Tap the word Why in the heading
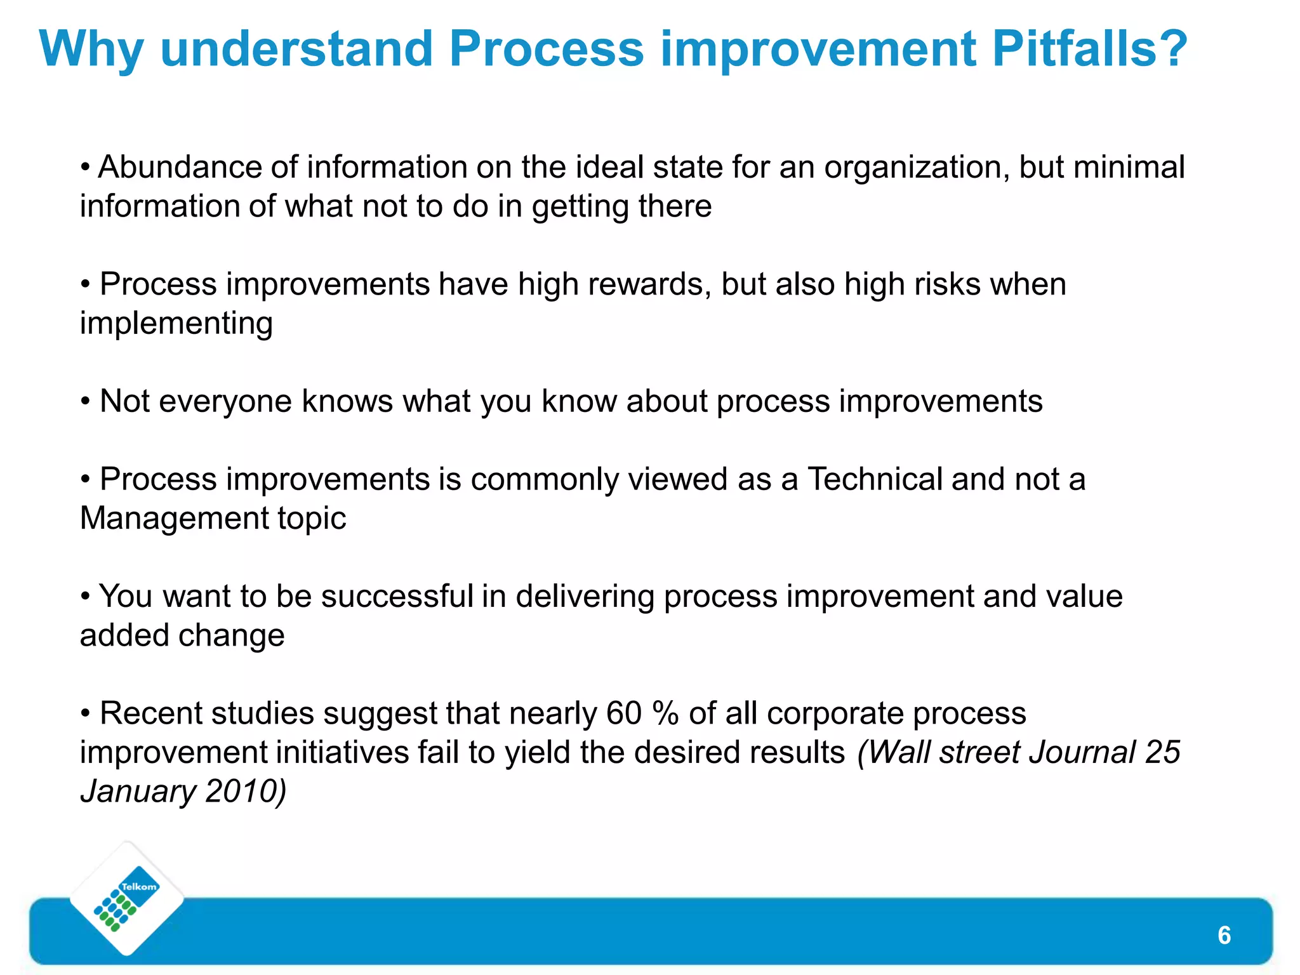(x=91, y=50)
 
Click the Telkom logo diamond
(x=127, y=899)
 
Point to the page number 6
(x=1224, y=936)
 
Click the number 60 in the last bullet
(x=624, y=713)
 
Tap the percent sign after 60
(x=666, y=713)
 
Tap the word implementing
(x=176, y=324)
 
